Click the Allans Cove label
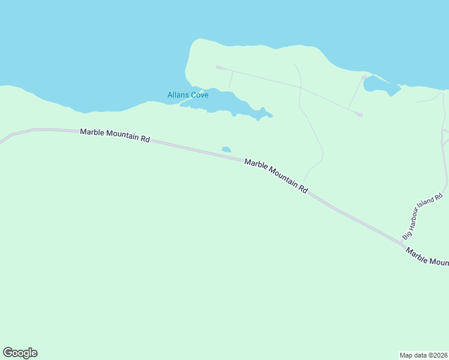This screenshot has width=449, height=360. (187, 95)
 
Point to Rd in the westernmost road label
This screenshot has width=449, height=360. (145, 139)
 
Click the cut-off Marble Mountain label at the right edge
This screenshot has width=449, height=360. (427, 257)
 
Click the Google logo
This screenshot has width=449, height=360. (20, 353)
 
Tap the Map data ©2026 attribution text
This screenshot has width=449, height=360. (423, 355)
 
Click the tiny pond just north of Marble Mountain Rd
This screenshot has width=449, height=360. (226, 149)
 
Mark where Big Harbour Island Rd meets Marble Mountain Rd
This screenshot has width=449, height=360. (404, 242)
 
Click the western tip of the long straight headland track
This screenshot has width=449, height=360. (218, 67)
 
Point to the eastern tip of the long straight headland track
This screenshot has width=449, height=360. (361, 115)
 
